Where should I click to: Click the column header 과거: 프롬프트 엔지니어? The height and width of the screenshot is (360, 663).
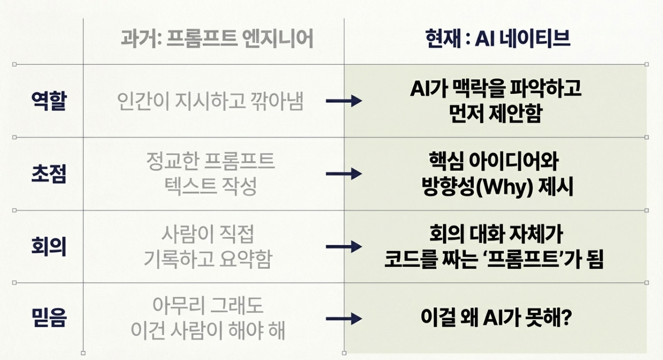coord(217,39)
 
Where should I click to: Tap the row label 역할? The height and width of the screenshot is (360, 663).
coord(49,101)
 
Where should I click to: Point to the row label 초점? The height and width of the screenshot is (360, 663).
coord(49,174)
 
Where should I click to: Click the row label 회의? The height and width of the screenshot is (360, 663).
coord(49,247)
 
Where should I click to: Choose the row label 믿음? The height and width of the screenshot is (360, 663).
coord(49,319)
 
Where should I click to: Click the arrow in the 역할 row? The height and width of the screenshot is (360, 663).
coord(344,101)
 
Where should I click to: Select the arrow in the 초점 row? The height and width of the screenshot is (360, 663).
coord(344,174)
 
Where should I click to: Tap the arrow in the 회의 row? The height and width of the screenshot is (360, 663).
coord(344,246)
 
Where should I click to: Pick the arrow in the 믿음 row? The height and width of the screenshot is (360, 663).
coord(344,319)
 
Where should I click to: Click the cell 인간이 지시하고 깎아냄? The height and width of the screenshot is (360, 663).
coord(211,101)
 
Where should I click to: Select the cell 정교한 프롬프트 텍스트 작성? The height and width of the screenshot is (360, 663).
coord(211,174)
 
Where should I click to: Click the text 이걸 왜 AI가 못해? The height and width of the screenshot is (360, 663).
coord(495,318)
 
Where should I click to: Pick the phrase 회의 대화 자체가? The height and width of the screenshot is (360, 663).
coord(495,234)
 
